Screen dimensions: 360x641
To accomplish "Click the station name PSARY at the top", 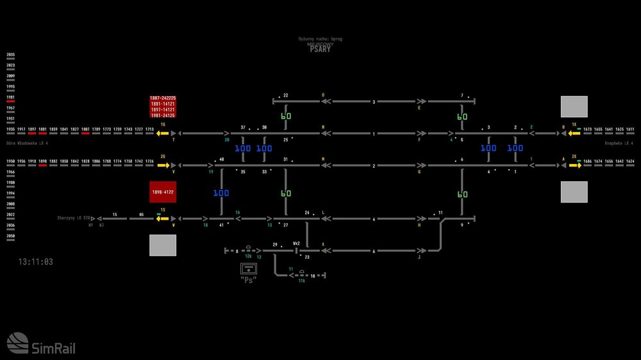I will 319,49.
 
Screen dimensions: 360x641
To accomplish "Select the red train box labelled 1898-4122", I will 163,192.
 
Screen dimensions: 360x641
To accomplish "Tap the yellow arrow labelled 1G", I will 163,133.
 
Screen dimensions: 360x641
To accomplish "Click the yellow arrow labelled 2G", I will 163,165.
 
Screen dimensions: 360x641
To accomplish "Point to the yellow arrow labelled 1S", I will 163,218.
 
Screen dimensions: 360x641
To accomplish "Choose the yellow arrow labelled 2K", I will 574,165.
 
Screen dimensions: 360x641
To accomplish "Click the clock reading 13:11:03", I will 36,262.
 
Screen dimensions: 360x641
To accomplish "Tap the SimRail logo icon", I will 18,343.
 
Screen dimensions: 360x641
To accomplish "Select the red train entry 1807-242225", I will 163,99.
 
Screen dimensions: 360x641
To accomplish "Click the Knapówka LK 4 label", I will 620,143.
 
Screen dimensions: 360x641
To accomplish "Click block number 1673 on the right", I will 587,129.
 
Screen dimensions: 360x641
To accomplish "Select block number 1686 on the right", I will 587,161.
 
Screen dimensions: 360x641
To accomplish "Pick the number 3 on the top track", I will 374,102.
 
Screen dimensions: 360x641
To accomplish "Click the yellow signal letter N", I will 323,127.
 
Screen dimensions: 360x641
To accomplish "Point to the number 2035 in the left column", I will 10,55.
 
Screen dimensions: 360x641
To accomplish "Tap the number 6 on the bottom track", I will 374,251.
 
